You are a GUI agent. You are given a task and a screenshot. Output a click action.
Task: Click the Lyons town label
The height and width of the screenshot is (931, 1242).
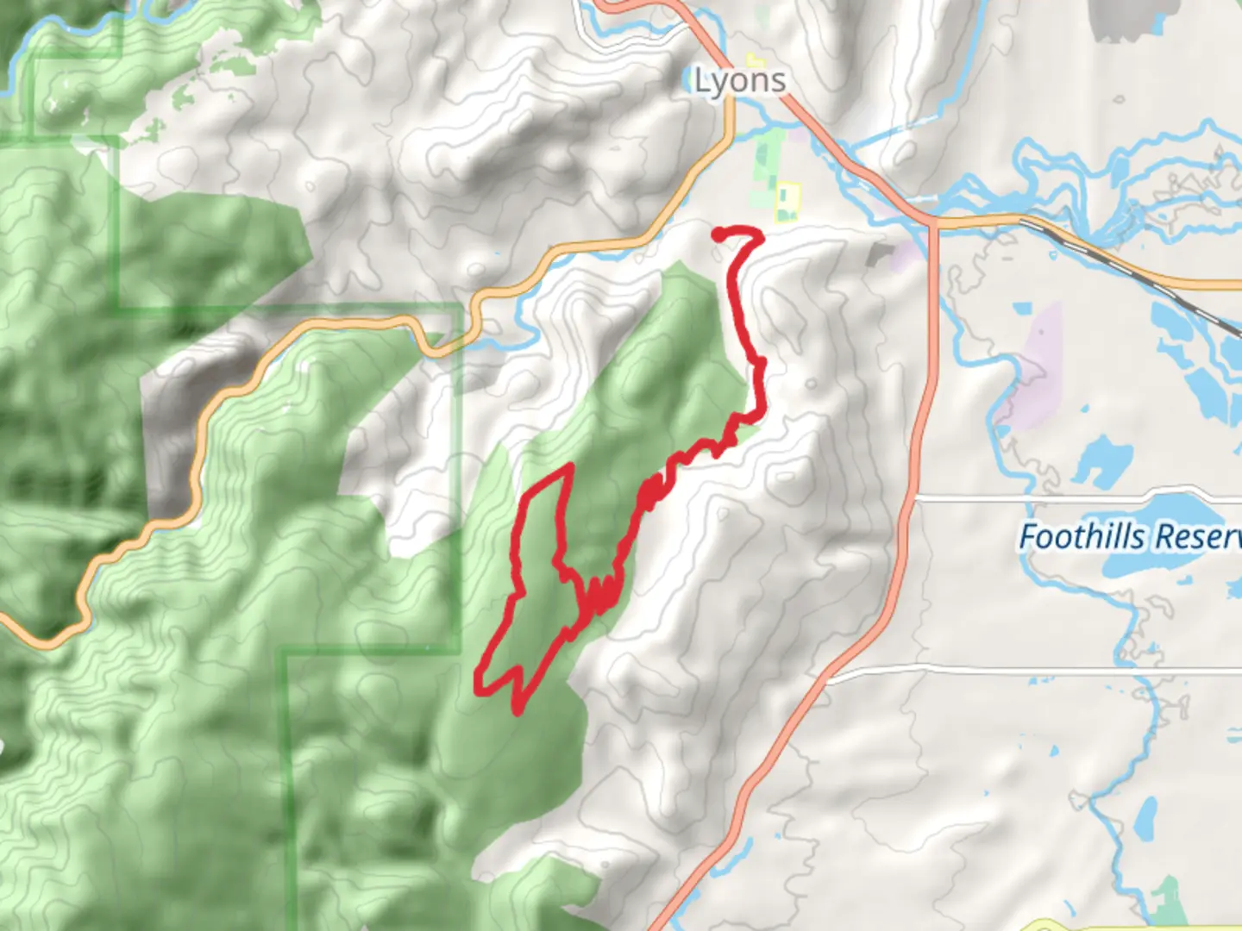pos(740,81)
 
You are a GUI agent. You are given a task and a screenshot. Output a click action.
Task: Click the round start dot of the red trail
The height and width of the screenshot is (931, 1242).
pos(718,233)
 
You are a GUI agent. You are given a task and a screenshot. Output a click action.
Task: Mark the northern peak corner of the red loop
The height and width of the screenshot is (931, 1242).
pos(570,466)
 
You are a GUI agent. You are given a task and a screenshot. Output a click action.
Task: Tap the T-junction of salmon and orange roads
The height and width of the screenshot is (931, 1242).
pos(933,222)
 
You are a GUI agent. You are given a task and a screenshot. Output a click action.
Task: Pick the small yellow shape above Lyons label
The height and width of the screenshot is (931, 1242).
pos(756,60)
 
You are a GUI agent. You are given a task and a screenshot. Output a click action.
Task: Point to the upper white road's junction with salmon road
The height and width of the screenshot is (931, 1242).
pos(913,498)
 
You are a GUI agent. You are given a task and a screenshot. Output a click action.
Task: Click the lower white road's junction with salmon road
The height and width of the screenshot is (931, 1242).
pos(828,671)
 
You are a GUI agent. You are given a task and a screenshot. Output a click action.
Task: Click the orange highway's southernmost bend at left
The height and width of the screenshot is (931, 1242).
pos(47,642)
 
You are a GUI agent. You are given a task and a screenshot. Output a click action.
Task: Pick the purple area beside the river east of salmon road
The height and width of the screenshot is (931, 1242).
pos(1031,371)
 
